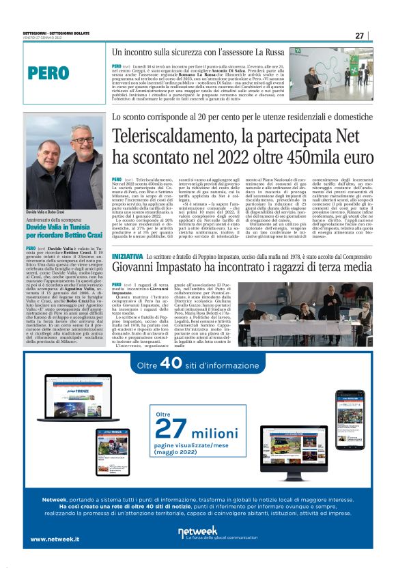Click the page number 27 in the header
[x=359, y=36]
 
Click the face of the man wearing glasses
[x=82, y=145]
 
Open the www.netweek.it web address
[x=55, y=539]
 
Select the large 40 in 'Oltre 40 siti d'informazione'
[x=171, y=365]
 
